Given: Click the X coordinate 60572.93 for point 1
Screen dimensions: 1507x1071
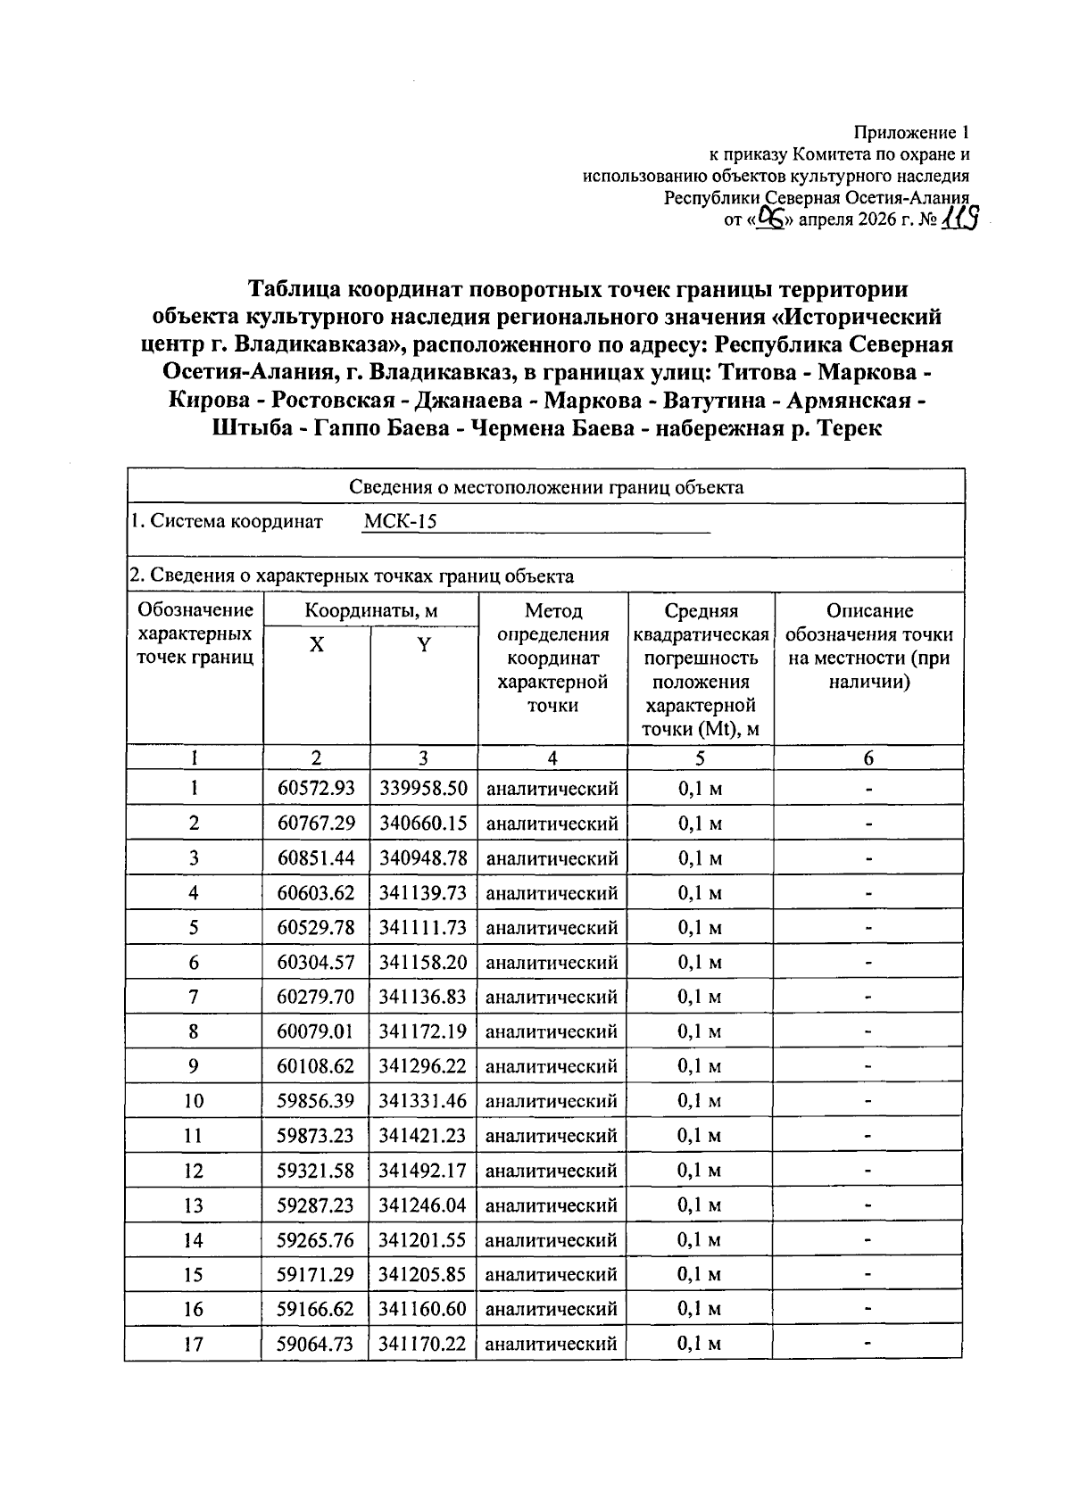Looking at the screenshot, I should click(x=316, y=789).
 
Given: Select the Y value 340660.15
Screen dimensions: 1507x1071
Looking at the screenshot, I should click(x=423, y=824).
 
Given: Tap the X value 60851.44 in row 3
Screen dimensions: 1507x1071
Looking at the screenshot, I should click(x=316, y=858).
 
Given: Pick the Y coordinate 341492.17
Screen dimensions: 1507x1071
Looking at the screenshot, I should click(x=423, y=1171).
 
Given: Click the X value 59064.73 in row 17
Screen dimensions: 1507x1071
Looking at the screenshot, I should click(x=316, y=1344).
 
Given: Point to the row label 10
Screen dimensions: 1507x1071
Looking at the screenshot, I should click(x=194, y=1101).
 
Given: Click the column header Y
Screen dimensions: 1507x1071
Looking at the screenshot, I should click(x=424, y=645).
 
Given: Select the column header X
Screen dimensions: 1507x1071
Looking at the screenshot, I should click(x=316, y=645).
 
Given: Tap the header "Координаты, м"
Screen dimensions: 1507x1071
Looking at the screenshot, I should click(x=370, y=611).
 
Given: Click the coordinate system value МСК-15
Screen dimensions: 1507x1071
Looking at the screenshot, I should click(x=401, y=522).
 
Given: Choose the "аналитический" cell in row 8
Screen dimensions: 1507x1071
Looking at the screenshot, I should click(x=552, y=1032).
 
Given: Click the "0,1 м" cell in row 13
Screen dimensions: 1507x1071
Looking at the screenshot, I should click(x=700, y=1205).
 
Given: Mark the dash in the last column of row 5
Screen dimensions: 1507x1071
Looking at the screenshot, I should click(x=868, y=928).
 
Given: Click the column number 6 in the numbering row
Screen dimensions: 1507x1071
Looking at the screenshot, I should click(x=868, y=758).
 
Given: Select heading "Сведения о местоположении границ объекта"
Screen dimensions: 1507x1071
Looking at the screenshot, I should click(x=545, y=487).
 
